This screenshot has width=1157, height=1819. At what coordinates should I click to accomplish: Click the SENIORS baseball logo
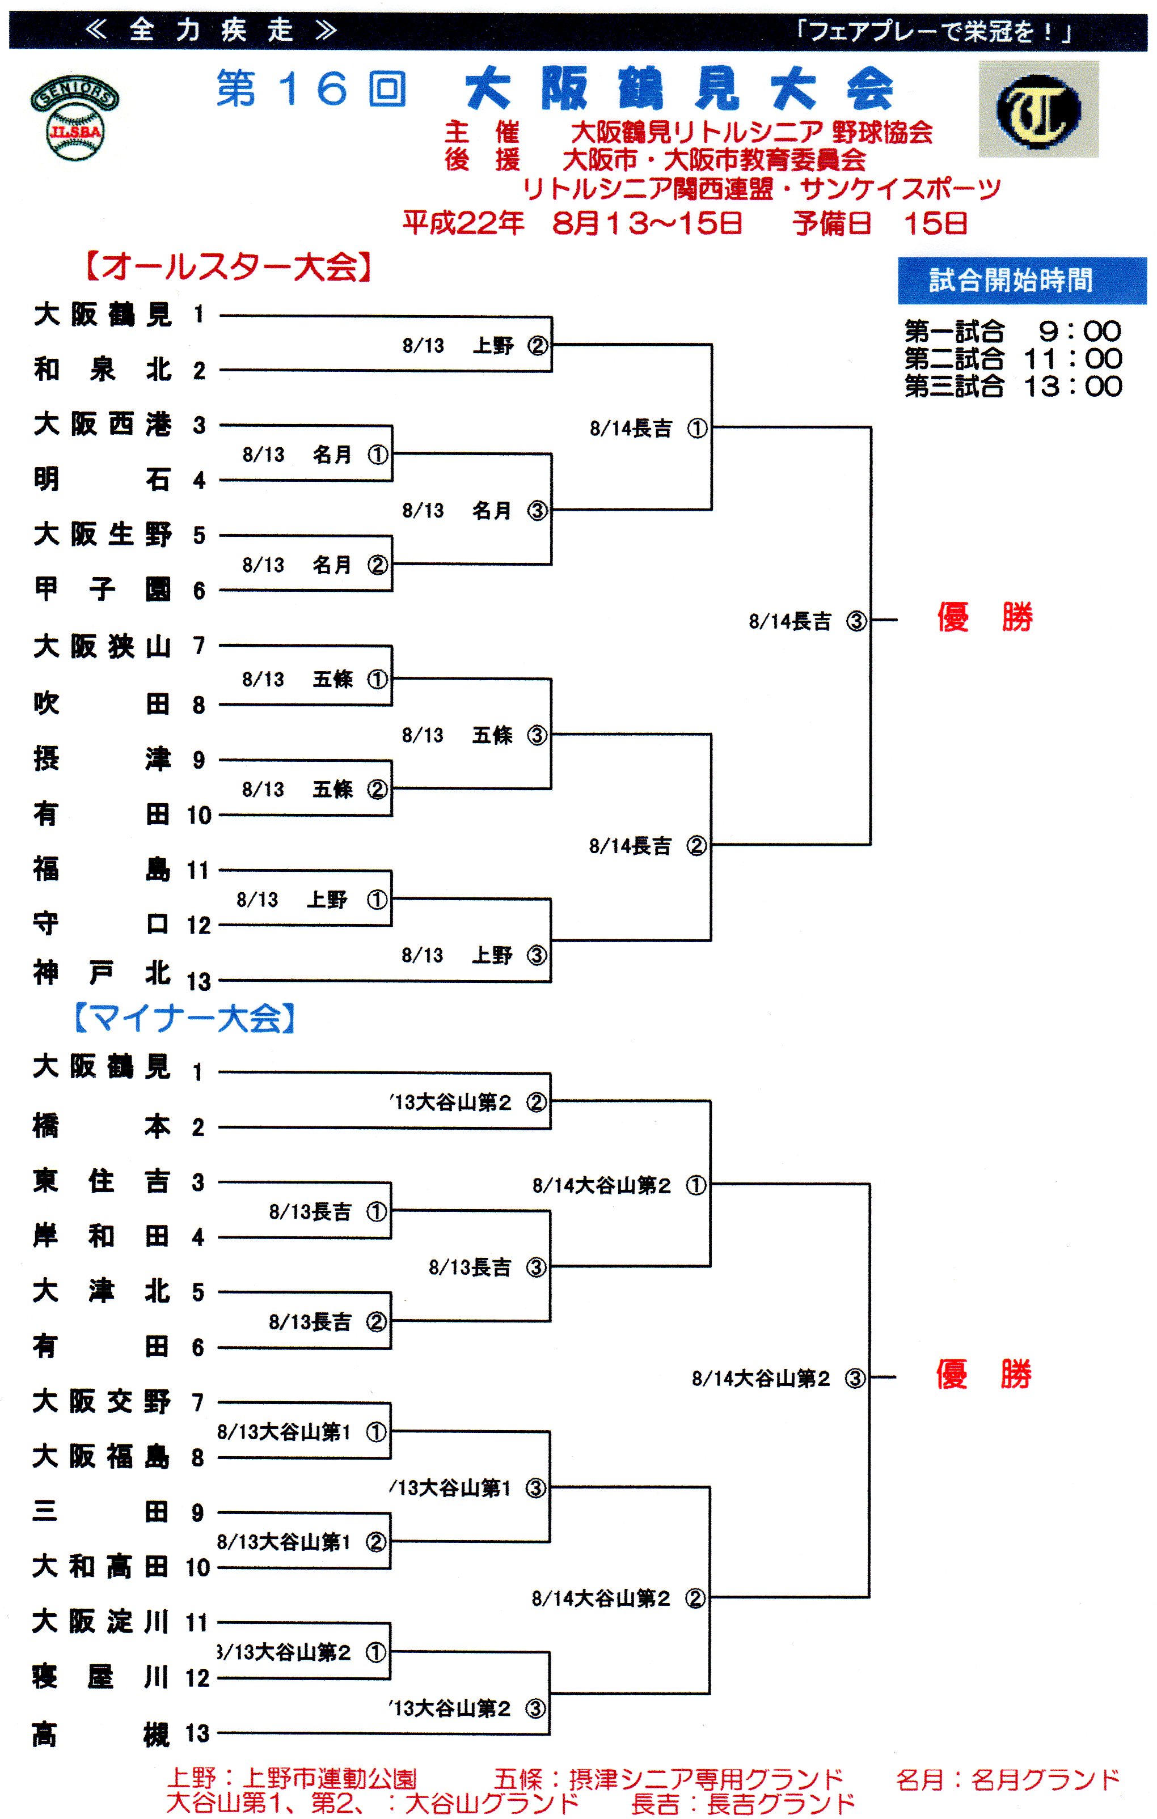click(74, 118)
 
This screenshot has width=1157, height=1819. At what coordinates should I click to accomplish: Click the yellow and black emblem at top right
click(1038, 109)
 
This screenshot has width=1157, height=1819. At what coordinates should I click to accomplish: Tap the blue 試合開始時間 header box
click(1021, 280)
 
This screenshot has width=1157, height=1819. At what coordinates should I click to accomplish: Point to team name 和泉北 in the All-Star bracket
click(103, 370)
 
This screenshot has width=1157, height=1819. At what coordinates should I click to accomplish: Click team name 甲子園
click(103, 589)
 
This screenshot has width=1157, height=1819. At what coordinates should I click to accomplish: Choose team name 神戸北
click(103, 973)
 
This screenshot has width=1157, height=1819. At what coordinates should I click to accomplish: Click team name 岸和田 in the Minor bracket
click(102, 1237)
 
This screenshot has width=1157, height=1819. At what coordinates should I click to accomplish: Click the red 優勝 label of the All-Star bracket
click(984, 617)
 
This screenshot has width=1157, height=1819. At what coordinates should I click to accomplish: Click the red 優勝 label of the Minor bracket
click(983, 1374)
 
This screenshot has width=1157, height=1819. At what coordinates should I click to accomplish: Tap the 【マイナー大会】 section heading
click(184, 1018)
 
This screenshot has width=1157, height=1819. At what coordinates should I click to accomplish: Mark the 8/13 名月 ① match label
click(314, 455)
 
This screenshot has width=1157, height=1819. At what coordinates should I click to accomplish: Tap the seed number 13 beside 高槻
click(197, 1733)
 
